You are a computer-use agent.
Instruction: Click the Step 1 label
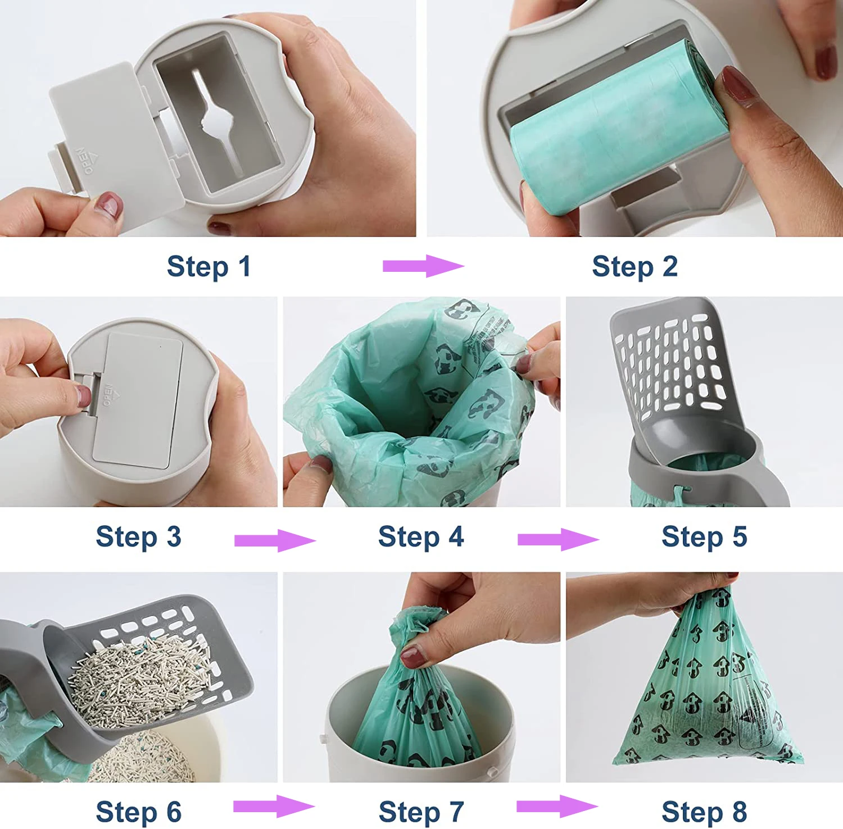pos(209,266)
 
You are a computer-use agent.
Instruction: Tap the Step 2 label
pos(634,266)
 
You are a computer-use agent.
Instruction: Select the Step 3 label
pos(138,536)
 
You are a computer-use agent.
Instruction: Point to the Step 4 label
pos(421,536)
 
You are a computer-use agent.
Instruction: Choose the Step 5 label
pos(704,536)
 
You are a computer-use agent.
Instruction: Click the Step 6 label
pos(138,812)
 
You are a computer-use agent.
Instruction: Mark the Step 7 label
pos(421,812)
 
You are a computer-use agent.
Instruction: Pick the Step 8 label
pos(704,812)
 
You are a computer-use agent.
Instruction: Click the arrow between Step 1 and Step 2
pos(423,266)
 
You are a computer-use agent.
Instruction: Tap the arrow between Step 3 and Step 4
pos(275,540)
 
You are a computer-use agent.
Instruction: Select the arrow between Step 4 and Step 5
pos(558,540)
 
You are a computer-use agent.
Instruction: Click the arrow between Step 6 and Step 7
pos(274,807)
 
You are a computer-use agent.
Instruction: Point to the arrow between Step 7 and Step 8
pos(557,807)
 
